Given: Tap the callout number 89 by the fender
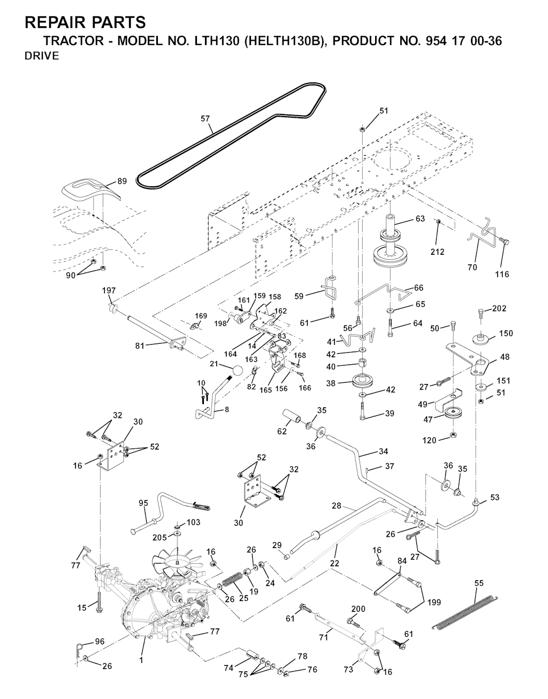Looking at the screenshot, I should click(122, 181).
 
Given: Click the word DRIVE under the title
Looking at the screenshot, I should click(42, 57).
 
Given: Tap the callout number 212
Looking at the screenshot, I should click(437, 252).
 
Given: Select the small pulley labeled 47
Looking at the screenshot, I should click(454, 415).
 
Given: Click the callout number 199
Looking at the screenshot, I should click(434, 602).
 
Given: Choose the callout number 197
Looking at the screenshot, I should click(109, 290).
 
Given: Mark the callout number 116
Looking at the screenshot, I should click(502, 274).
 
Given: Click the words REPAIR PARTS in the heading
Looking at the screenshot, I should click(85, 22).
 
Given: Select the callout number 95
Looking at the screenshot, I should click(143, 503).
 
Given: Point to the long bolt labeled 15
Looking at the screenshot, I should click(100, 603).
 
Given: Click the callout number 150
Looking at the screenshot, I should click(506, 333).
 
